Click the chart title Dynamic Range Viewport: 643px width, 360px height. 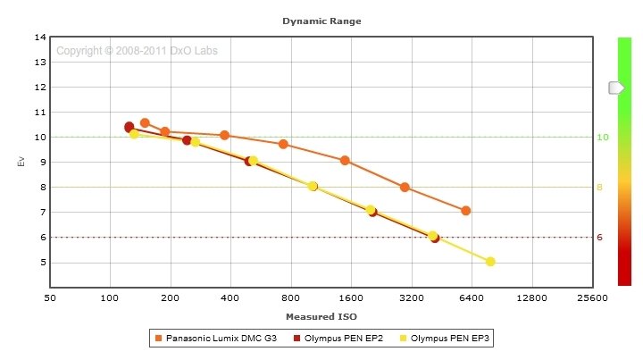tap(321, 20)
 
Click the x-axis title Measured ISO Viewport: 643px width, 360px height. tap(321, 317)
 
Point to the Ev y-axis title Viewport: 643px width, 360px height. tap(21, 162)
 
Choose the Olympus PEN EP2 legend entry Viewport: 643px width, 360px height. tap(344, 339)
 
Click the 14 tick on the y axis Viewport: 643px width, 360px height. tap(40, 38)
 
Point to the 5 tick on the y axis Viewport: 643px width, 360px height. tap(42, 263)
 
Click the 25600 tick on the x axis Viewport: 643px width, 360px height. tap(591, 298)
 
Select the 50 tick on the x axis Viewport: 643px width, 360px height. tap(50, 298)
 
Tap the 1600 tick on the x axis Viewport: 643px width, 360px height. tap(351, 298)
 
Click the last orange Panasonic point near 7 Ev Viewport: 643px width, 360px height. tap(465, 211)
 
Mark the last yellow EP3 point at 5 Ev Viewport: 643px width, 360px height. tap(490, 262)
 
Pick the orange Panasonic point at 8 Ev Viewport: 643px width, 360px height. tap(405, 188)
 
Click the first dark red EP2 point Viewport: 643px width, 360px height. tap(129, 127)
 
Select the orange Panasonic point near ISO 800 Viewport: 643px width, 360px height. tap(283, 144)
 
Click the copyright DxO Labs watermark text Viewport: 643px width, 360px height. tap(137, 51)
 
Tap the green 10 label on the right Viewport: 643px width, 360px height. tap(602, 138)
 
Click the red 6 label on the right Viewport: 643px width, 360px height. tap(600, 238)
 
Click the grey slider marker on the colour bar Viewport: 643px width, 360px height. tap(616, 88)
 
